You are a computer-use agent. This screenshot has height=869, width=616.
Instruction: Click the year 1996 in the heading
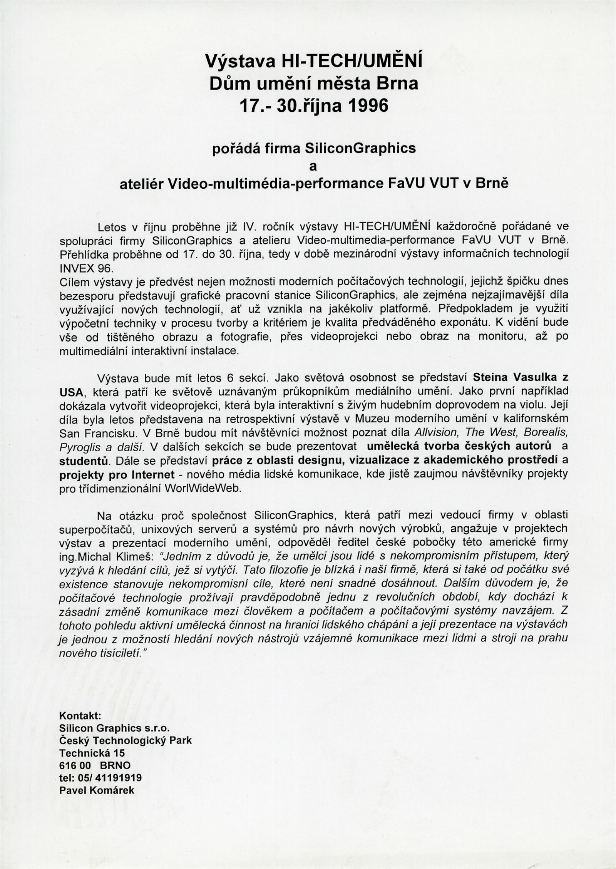pos(364,106)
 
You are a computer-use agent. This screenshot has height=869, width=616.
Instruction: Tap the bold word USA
pos(71,392)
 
